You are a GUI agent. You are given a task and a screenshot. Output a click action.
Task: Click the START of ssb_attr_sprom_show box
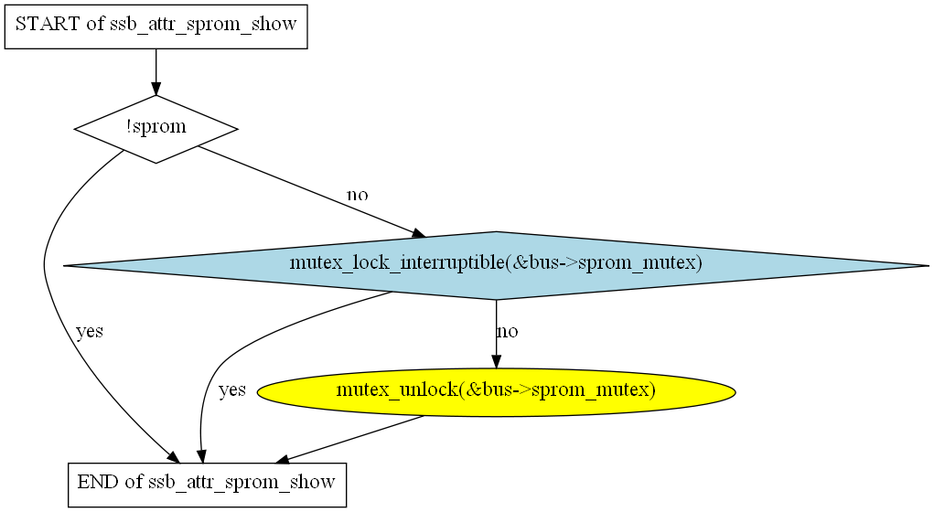click(156, 27)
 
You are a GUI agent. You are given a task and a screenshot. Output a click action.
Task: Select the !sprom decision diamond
click(156, 129)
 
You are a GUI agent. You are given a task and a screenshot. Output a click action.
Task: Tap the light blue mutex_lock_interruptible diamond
click(496, 265)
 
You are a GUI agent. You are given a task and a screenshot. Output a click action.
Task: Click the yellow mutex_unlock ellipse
click(496, 391)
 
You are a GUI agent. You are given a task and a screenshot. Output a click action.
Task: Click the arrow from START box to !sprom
click(156, 72)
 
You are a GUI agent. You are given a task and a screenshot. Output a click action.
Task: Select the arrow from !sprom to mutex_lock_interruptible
click(312, 191)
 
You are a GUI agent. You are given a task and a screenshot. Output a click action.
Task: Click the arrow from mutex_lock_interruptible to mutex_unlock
click(496, 334)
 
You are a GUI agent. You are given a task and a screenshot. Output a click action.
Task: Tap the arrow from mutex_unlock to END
click(350, 439)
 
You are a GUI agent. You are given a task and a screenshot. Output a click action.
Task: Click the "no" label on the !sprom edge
click(358, 195)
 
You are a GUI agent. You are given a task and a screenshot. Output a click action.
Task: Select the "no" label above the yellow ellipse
click(508, 331)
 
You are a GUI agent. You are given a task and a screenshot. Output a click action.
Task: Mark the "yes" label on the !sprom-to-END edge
click(90, 331)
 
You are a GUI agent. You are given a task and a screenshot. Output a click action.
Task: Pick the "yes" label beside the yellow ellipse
click(232, 390)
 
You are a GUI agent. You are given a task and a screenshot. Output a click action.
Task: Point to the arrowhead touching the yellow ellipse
click(496, 362)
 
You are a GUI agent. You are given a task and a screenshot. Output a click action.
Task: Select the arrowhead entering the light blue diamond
click(419, 234)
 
